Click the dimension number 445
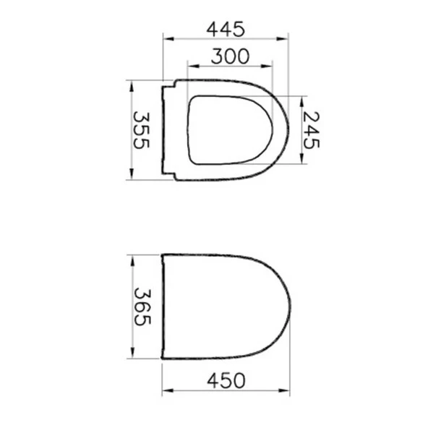(226, 29)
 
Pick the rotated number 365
(142, 306)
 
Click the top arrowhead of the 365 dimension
(131, 257)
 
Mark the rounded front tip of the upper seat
(287, 129)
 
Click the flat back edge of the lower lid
(163, 306)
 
